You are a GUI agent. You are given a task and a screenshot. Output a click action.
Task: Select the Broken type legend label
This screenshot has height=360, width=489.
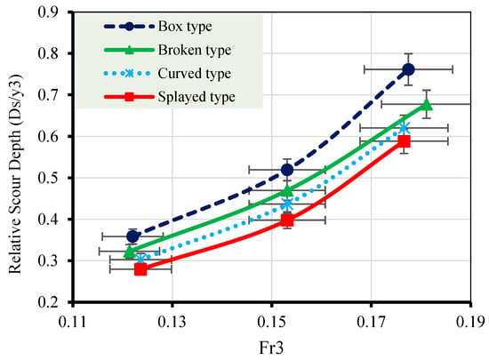point(195,50)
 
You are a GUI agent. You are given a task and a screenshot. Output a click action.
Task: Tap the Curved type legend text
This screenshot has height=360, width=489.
point(195,74)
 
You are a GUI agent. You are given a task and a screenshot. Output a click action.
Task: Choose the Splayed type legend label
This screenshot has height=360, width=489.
point(196,97)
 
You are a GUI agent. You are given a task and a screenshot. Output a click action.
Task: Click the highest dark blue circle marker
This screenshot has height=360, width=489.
point(408,69)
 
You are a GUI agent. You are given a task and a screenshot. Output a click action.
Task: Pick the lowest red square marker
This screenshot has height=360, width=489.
point(140,269)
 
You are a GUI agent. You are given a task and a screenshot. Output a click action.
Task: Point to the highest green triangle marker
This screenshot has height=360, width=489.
point(427,105)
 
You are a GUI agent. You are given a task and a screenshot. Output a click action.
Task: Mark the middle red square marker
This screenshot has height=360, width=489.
point(287,220)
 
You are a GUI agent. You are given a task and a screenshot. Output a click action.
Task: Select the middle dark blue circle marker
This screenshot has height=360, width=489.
point(287,170)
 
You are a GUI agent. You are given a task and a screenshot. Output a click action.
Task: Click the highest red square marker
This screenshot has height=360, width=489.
point(405,141)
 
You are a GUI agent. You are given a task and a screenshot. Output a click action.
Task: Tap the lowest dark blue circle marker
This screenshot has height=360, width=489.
point(132,236)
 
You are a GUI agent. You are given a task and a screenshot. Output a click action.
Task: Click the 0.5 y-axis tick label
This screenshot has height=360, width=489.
point(48,178)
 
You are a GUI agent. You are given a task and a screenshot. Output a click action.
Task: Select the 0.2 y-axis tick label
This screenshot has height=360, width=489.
point(48,302)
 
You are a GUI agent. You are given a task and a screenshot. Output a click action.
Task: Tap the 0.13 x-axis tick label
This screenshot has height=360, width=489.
point(172,323)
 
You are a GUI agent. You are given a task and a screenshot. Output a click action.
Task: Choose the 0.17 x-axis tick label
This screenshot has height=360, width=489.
point(371,323)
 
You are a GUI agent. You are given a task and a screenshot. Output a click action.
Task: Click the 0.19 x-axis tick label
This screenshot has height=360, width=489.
point(471,323)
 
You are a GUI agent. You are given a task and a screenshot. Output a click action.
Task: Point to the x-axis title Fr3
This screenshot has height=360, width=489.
point(271,348)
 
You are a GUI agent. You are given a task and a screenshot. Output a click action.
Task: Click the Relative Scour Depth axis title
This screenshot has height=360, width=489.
point(16,174)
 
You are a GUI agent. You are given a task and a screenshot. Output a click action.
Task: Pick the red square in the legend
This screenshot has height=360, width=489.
point(129,97)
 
